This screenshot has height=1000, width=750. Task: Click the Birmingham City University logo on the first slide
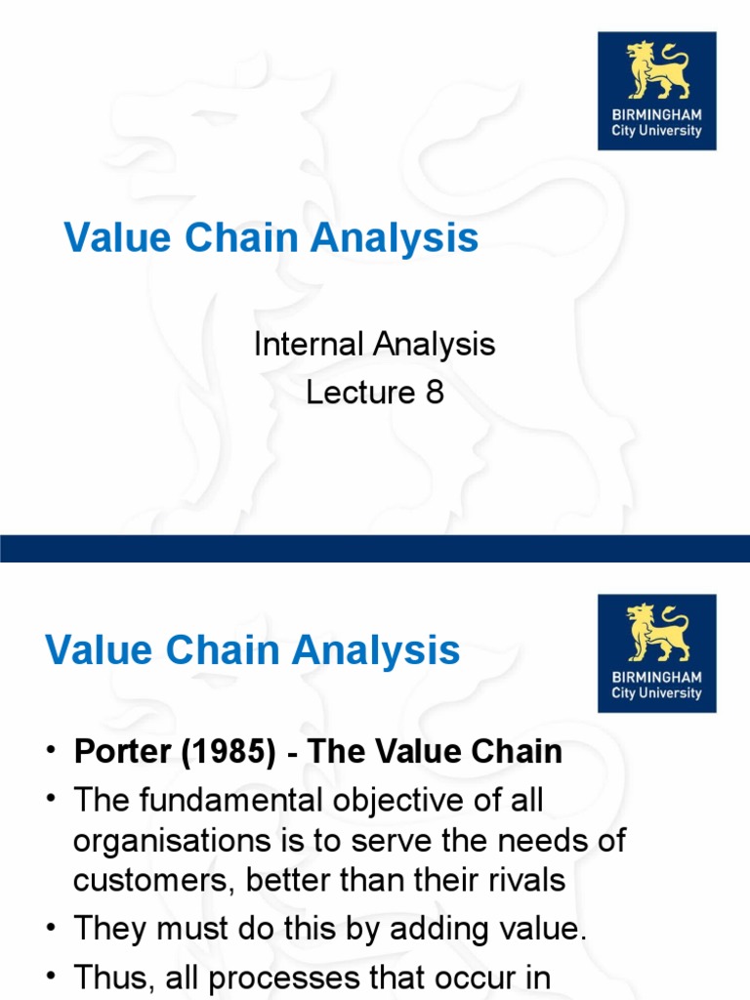[656, 91]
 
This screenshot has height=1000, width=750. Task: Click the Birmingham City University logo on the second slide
[656, 653]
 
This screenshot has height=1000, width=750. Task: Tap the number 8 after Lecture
[434, 392]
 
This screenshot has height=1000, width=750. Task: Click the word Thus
[108, 978]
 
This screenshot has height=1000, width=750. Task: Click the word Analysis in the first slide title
[387, 238]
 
